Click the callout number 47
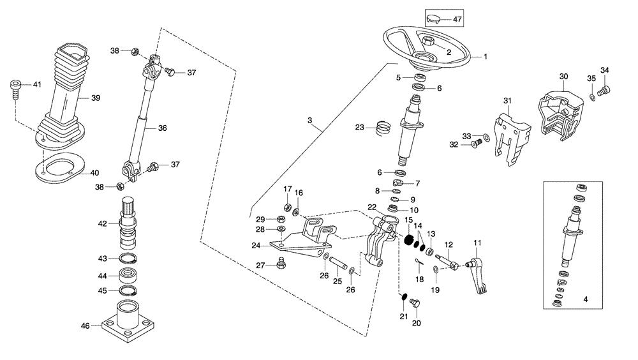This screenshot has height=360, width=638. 457,20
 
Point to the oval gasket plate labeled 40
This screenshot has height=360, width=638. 64,169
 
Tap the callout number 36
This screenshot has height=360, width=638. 162,128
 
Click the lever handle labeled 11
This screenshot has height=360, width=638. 477,271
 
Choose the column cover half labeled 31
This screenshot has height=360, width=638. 510,137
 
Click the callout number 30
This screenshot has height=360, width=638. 563,77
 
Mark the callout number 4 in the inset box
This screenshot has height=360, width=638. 584,298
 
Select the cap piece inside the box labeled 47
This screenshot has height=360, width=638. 433,19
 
